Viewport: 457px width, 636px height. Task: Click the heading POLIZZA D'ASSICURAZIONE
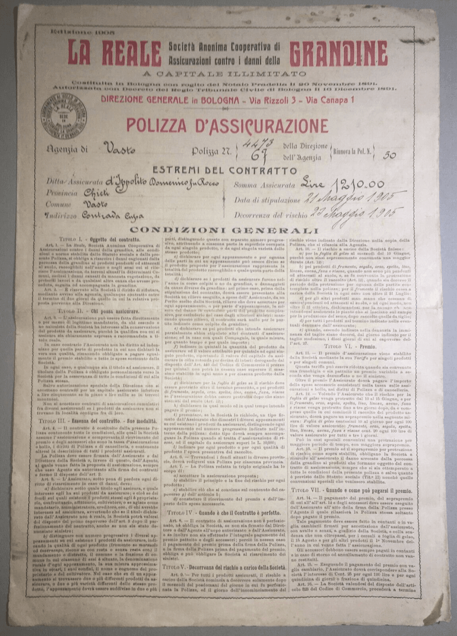(x=227, y=126)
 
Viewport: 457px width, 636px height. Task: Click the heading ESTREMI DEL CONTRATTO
(x=225, y=171)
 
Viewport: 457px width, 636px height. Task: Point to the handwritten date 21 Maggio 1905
(x=350, y=198)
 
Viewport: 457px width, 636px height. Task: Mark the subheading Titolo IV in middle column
(x=224, y=512)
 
